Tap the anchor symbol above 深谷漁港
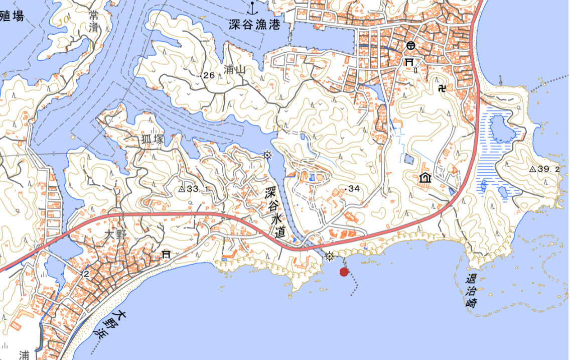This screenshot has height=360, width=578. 252,7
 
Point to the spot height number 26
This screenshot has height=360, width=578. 209,75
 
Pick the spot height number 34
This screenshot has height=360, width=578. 354,189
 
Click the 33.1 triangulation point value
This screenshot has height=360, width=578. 197,189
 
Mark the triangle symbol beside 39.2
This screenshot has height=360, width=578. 532,169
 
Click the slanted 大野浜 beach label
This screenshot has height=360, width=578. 110,324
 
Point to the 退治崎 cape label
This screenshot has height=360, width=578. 471,291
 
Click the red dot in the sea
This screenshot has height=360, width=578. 344,272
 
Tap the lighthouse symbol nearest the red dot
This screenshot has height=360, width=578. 329,257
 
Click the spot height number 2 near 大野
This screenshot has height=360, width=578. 86,274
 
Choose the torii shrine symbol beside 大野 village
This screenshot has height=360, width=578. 166,255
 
